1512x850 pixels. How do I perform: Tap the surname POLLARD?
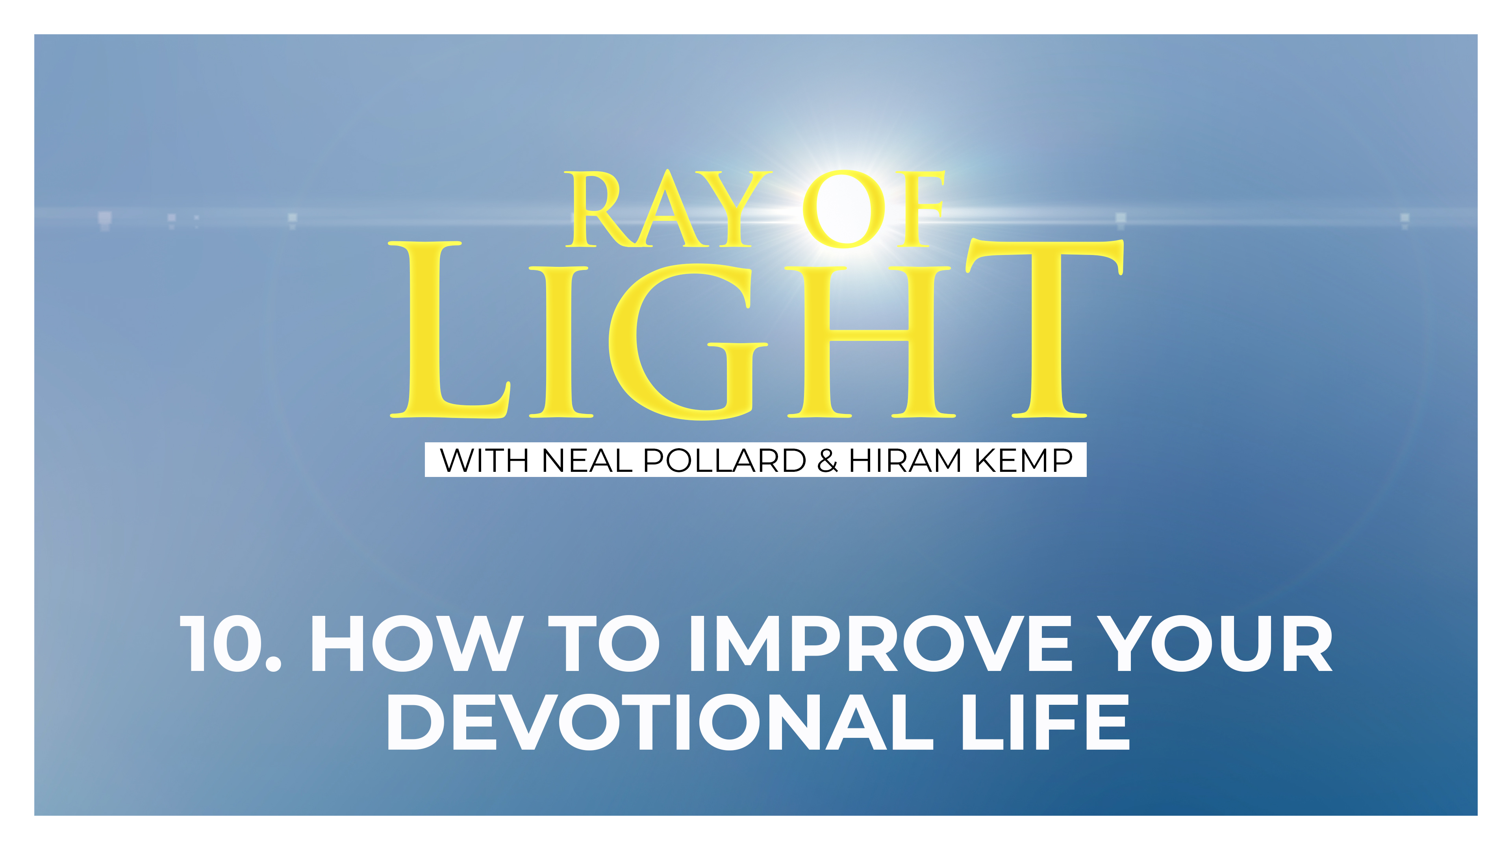tap(724, 460)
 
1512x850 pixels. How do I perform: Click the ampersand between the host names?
tap(827, 460)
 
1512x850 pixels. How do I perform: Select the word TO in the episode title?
tap(604, 643)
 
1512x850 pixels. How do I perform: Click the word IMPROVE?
tap(880, 643)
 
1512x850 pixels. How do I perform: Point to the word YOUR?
tap(1215, 643)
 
